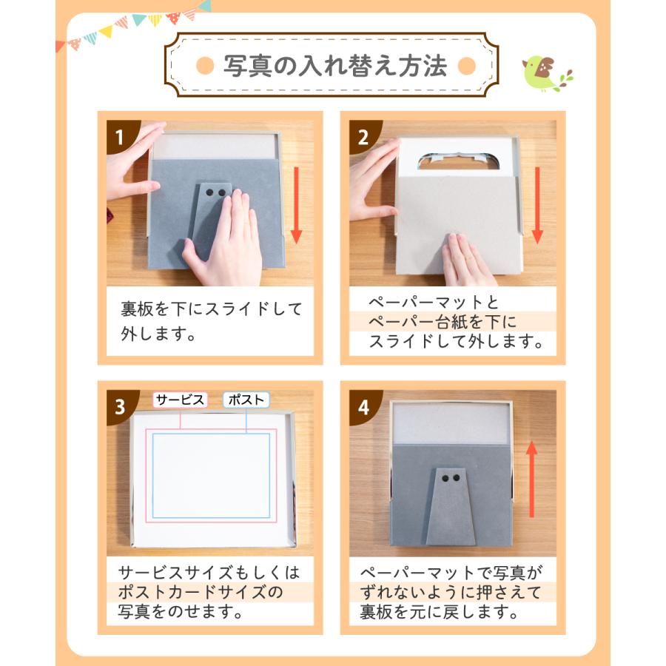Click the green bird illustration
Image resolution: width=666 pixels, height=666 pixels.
pyautogui.click(x=544, y=73)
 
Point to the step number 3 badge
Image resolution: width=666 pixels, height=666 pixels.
pyautogui.click(x=120, y=406)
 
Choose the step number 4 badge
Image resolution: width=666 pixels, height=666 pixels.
pyautogui.click(x=363, y=406)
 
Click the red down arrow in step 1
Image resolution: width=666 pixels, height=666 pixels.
pyautogui.click(x=296, y=205)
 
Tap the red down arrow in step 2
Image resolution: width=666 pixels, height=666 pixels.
pyautogui.click(x=537, y=205)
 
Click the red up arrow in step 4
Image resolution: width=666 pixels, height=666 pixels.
pyautogui.click(x=532, y=479)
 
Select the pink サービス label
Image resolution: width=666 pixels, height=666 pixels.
pyautogui.click(x=180, y=400)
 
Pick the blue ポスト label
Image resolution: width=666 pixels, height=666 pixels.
pyautogui.click(x=246, y=400)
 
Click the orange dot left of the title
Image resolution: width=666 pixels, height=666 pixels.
pyautogui.click(x=205, y=66)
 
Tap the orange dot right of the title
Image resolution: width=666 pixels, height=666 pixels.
pyautogui.click(x=467, y=66)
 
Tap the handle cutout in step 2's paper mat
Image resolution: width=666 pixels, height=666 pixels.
pyautogui.click(x=458, y=161)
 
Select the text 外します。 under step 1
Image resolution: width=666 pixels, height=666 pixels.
pyautogui.click(x=158, y=334)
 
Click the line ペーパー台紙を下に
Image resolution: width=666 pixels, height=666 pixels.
pyautogui.click(x=443, y=322)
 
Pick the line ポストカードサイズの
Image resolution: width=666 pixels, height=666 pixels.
pyautogui.click(x=201, y=592)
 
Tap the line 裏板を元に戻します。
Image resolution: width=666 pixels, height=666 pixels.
pyautogui.click(x=440, y=612)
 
